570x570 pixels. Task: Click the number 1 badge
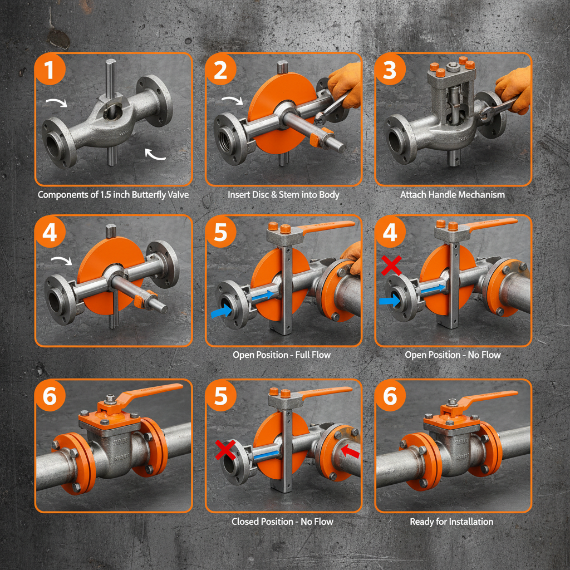[x=50, y=69]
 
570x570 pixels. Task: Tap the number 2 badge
[x=220, y=69]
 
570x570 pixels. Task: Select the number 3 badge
[x=390, y=69]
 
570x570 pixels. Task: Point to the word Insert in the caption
[x=238, y=194]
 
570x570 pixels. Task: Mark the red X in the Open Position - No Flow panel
[x=391, y=265]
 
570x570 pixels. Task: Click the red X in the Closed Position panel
[x=225, y=450]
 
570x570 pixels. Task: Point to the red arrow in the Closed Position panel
[x=350, y=450]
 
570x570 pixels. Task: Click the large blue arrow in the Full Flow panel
[x=222, y=311]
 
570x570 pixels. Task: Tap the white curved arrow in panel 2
[x=233, y=100]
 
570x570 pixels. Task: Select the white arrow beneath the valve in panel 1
[x=155, y=154]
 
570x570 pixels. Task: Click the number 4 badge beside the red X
[x=390, y=232]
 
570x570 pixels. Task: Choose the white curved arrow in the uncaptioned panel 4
[x=62, y=261]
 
